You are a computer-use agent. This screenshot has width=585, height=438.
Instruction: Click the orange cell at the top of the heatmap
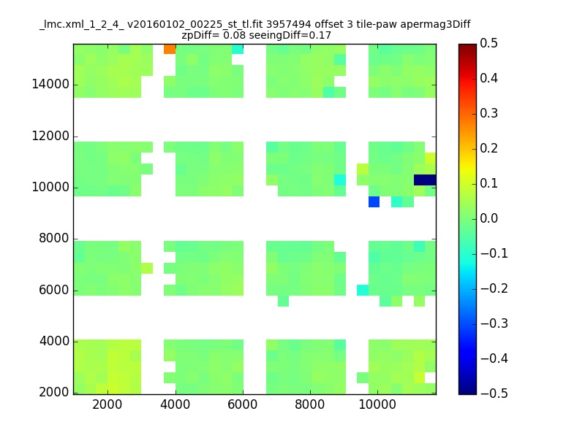click(170, 49)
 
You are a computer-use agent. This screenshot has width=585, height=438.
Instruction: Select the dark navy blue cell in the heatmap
click(425, 180)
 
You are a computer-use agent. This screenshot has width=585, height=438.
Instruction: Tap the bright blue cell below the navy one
click(374, 202)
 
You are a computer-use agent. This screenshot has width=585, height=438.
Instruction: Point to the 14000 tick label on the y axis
click(50, 84)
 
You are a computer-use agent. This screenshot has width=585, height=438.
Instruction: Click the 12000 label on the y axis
click(50, 136)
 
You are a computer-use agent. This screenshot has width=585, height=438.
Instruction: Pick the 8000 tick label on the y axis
click(54, 239)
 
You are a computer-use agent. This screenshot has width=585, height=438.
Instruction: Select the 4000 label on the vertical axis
click(54, 341)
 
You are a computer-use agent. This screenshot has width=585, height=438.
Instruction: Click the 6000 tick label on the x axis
click(243, 404)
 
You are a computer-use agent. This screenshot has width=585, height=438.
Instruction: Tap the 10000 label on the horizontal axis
click(377, 404)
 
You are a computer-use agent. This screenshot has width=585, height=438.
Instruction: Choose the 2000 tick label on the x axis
click(107, 404)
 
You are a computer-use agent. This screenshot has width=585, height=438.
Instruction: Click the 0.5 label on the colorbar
click(488, 43)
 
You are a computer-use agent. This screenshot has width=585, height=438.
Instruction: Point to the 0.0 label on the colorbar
click(488, 218)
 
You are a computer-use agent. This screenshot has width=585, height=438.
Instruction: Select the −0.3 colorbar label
click(494, 323)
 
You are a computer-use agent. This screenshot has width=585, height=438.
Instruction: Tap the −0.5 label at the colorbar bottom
click(494, 393)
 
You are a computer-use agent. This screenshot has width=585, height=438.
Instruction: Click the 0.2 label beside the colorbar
click(488, 148)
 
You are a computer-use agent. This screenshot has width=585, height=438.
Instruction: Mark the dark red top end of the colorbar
click(467, 47)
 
